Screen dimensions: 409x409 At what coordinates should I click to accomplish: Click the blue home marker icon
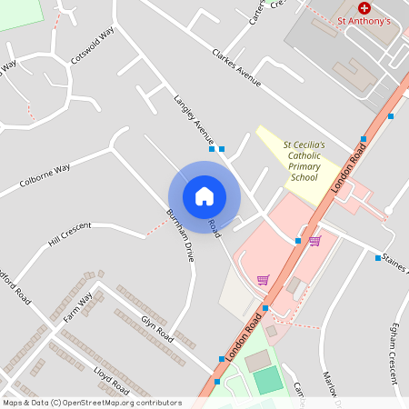(x=204, y=195)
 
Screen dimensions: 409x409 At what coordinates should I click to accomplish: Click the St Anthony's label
(x=364, y=20)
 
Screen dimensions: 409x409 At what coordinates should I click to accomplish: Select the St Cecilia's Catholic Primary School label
(x=304, y=161)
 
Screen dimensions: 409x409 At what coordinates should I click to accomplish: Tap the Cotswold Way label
(x=93, y=45)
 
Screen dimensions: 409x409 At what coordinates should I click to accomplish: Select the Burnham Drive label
(x=180, y=235)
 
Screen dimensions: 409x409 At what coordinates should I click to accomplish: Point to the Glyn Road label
(x=156, y=326)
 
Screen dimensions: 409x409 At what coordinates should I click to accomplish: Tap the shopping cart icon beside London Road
(x=314, y=241)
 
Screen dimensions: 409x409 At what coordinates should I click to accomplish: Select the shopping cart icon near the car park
(x=263, y=280)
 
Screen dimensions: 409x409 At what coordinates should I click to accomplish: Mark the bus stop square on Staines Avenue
(x=378, y=258)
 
